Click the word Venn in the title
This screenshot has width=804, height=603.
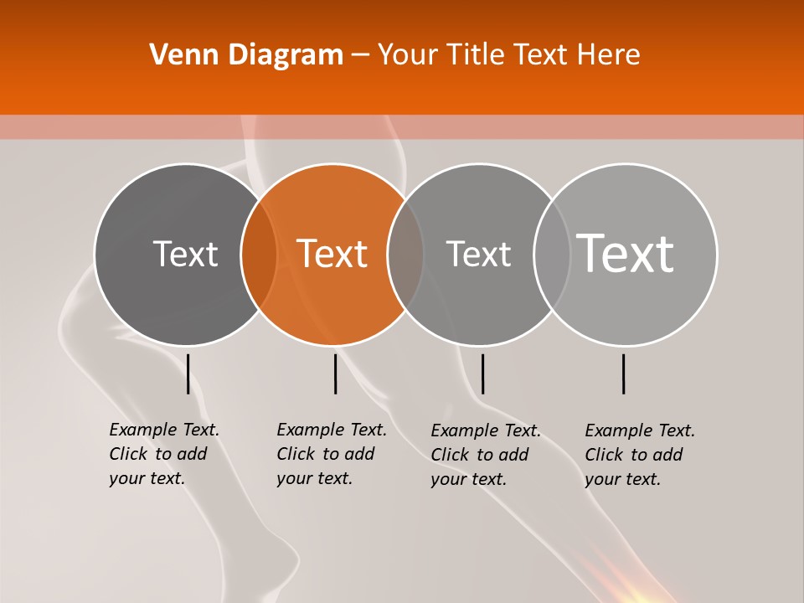click(178, 55)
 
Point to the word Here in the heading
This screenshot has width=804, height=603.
click(610, 55)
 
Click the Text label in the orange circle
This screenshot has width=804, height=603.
click(332, 254)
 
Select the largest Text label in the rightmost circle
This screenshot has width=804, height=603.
click(626, 253)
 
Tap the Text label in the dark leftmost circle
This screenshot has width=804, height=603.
click(185, 254)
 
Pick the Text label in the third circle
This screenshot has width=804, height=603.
click(478, 254)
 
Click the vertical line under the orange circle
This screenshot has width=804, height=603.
click(335, 374)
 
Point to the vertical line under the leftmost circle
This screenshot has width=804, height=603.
click(188, 374)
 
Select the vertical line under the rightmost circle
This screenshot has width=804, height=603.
click(624, 374)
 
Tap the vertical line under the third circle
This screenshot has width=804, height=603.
click(482, 374)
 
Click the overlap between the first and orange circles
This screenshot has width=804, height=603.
click(259, 255)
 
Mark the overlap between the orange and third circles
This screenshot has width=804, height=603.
click(405, 255)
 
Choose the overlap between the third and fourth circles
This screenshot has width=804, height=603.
click(552, 255)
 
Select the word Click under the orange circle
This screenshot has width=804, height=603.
click(296, 454)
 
